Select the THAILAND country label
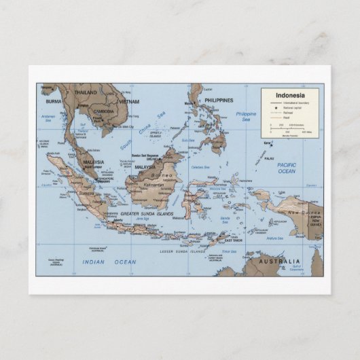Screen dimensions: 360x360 [86, 92]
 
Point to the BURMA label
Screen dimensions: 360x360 [54, 101]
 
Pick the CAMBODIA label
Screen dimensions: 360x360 [104, 111]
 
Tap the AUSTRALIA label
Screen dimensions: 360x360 [283, 262]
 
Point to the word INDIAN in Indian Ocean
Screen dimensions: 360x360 [94, 262]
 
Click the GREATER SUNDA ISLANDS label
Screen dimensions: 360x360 [146, 214]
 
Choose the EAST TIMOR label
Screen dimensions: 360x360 [233, 240]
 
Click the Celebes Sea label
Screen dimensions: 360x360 [201, 166]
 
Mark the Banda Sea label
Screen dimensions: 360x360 [226, 220]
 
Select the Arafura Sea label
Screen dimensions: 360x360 [274, 238]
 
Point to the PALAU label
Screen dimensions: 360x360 [270, 158]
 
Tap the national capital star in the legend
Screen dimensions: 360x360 [276, 108]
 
